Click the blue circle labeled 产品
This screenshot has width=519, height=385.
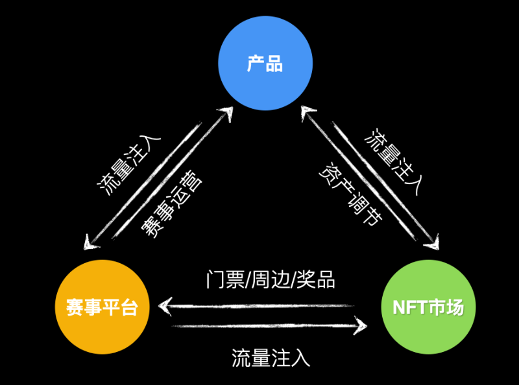(265, 64)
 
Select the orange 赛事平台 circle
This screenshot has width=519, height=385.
(102, 307)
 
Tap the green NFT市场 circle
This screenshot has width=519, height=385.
(428, 307)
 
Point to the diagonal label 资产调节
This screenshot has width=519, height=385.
(351, 195)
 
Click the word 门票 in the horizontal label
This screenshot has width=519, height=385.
(218, 279)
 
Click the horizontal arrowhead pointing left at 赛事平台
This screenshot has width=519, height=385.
(166, 304)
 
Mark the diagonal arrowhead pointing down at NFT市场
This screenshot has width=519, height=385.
(433, 243)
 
